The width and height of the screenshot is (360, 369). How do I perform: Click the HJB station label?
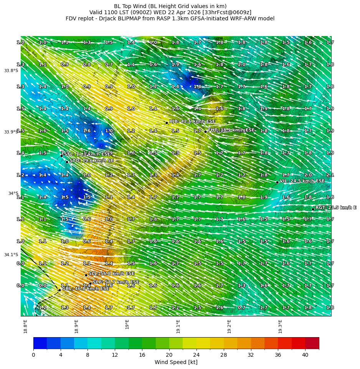click(x=192, y=121)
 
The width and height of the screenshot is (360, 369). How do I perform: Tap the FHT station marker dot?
click(x=205, y=132)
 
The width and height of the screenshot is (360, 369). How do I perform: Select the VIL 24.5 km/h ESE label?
click(x=302, y=181)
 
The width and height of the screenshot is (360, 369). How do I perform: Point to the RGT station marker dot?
click(x=313, y=209)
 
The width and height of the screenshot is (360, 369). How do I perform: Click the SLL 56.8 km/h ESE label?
click(x=111, y=273)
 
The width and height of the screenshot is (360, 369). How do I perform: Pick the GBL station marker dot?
click(x=59, y=290)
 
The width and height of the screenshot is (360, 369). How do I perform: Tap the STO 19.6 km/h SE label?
click(x=91, y=160)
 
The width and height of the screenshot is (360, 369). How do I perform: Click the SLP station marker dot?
click(x=90, y=284)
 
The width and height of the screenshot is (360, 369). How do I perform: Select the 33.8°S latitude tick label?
click(x=11, y=71)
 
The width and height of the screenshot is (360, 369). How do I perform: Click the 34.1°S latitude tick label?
click(x=11, y=255)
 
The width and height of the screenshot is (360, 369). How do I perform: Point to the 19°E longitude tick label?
click(x=127, y=325)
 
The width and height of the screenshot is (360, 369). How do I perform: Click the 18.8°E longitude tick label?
click(x=25, y=326)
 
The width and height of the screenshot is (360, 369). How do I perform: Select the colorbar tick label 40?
click(x=305, y=355)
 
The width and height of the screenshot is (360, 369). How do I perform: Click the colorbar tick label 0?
click(x=33, y=355)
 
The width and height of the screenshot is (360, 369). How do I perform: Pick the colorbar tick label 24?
click(x=197, y=355)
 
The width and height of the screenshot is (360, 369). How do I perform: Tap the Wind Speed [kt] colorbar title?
click(x=176, y=362)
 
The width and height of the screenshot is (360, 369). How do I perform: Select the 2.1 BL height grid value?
click(x=330, y=175)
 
